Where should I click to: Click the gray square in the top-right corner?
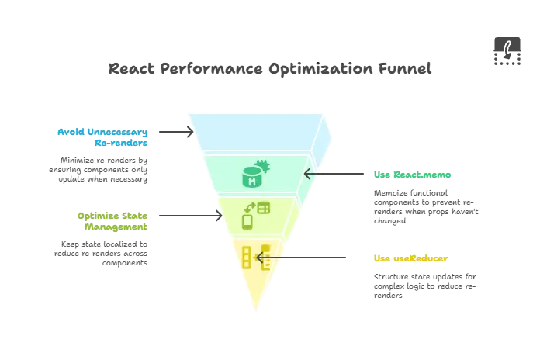506,53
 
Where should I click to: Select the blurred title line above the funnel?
269,68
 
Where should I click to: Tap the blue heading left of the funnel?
102,137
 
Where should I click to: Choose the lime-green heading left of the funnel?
112,222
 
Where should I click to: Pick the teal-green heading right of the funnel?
412,174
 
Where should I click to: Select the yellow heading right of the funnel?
410,259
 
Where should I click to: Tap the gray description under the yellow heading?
425,285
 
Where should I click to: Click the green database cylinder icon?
254,177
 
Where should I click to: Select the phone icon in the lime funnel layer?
248,221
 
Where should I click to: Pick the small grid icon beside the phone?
264,208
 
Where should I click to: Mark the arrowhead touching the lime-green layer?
216,215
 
